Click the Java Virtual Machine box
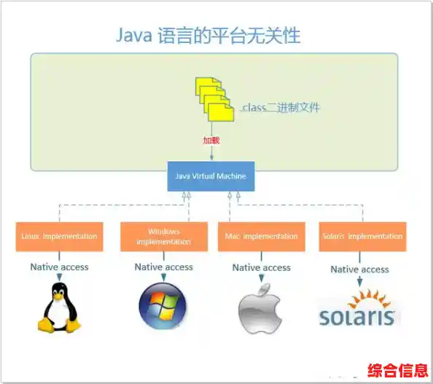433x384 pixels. pyautogui.click(x=211, y=176)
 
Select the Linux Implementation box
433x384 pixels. pyautogui.click(x=58, y=236)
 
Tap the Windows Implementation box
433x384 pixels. pyautogui.click(x=164, y=236)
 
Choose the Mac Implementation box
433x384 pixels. pyautogui.click(x=260, y=236)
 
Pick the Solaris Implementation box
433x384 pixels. pyautogui.click(x=362, y=236)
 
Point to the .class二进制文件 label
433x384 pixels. pyautogui.click(x=280, y=107)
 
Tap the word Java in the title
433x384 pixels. pyautogui.click(x=135, y=35)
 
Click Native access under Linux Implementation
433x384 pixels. pyautogui.click(x=59, y=267)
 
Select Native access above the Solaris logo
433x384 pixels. pyautogui.click(x=359, y=270)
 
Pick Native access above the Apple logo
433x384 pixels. pyautogui.click(x=261, y=267)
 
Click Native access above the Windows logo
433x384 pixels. pyautogui.click(x=163, y=267)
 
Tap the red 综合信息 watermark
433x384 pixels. pyautogui.click(x=397, y=369)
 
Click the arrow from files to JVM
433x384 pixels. pyautogui.click(x=211, y=152)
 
